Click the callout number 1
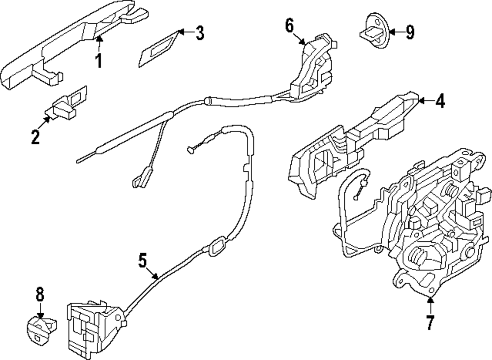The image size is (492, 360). (98, 62)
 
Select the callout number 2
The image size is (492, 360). (35, 136)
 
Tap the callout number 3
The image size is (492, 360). (199, 33)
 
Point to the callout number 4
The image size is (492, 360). (439, 101)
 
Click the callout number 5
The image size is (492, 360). (142, 260)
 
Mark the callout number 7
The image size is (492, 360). (430, 323)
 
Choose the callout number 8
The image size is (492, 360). (40, 295)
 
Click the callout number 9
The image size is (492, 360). (409, 33)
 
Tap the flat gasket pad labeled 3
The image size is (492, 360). (156, 49)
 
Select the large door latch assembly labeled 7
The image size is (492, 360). (428, 227)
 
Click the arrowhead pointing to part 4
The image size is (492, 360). (421, 101)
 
